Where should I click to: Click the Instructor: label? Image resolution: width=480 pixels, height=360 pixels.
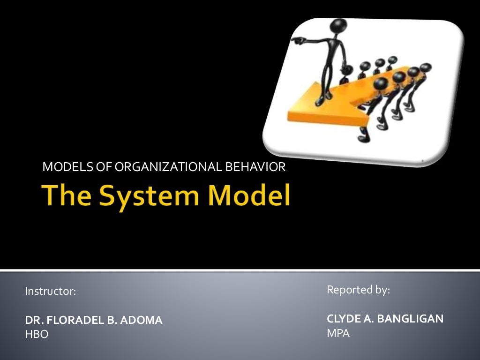[x=50, y=291]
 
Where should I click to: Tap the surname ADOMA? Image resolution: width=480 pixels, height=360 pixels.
[x=142, y=321]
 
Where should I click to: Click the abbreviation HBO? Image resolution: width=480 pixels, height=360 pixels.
[x=37, y=334]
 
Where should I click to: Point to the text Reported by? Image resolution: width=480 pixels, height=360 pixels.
[x=358, y=290]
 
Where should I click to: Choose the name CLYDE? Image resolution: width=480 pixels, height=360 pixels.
[x=343, y=319]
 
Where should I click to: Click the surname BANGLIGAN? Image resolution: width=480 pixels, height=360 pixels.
[x=410, y=319]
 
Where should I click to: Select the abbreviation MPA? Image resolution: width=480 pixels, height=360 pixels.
[x=338, y=333]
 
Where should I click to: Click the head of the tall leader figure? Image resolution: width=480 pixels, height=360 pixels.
[x=337, y=26]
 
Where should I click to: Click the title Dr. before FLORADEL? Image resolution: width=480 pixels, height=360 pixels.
[x=33, y=321]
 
